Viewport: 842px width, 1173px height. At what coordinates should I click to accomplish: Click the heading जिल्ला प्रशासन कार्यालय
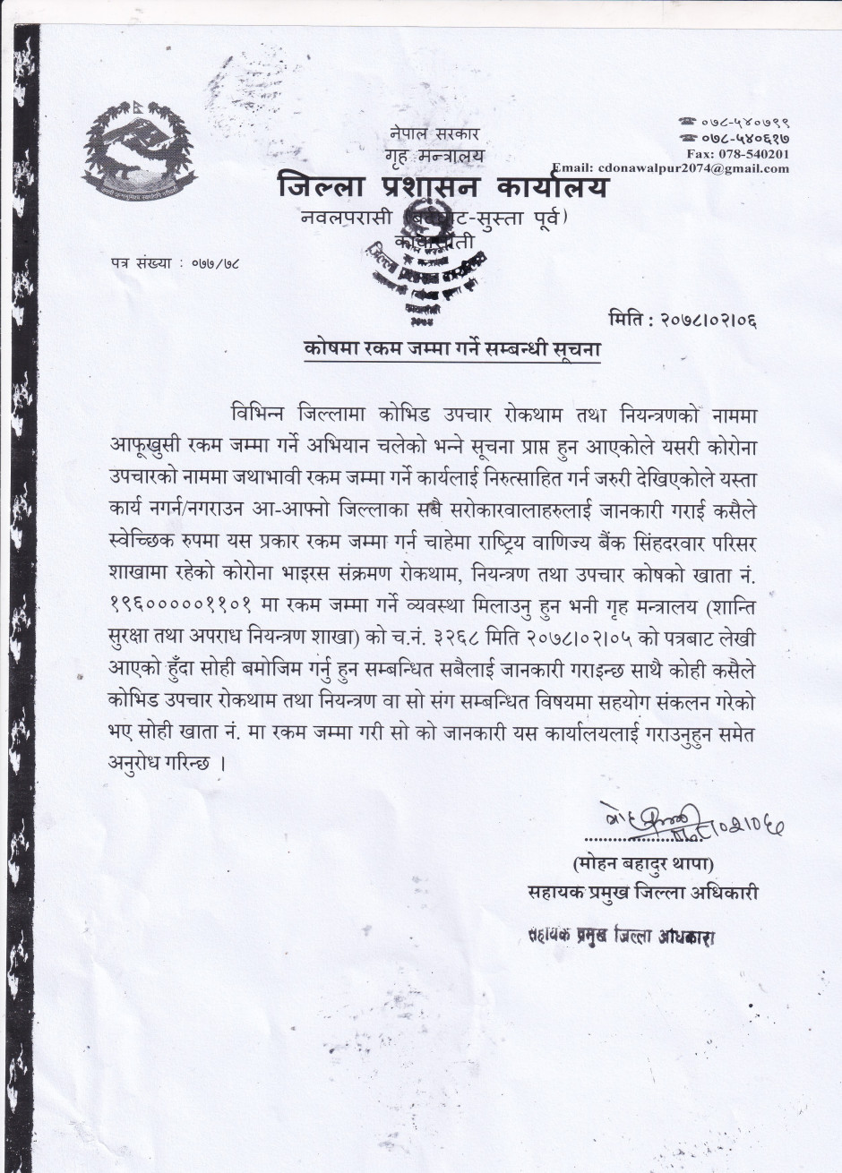[443, 189]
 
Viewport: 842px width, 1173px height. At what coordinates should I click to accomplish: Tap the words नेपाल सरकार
[423, 134]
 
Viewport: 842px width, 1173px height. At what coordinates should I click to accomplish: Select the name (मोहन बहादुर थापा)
[644, 865]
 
